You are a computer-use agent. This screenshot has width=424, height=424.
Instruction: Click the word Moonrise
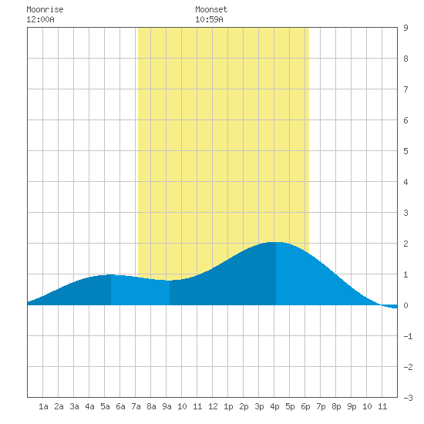click(x=45, y=9)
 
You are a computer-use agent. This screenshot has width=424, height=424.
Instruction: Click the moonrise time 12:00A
click(x=40, y=19)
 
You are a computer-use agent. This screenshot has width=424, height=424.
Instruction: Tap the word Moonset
click(x=211, y=9)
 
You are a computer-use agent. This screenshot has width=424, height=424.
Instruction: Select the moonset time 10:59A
click(x=209, y=19)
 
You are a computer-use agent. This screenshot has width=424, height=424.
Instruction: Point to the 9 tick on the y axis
click(x=405, y=28)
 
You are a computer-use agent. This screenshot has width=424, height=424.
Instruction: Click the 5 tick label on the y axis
click(x=405, y=151)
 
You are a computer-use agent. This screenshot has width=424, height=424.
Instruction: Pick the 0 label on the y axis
click(x=405, y=305)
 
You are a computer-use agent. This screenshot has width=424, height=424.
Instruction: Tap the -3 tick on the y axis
click(x=408, y=398)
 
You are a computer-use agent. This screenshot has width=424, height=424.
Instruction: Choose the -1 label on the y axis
click(x=408, y=336)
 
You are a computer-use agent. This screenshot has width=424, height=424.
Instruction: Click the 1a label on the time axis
click(x=43, y=406)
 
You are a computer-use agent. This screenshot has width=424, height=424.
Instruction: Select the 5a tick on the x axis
click(x=105, y=406)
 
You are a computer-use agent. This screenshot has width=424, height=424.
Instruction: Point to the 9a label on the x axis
click(x=167, y=406)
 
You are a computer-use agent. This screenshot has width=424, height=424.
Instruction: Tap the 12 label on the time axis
click(x=213, y=406)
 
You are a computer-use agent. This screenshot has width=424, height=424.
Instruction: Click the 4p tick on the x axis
click(x=274, y=406)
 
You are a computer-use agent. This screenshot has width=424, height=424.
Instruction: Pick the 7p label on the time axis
click(x=321, y=406)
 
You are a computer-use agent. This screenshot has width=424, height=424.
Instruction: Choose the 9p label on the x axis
click(x=352, y=406)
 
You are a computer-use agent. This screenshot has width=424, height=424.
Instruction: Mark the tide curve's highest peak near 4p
click(x=276, y=242)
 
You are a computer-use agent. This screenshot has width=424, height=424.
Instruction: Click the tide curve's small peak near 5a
click(x=110, y=274)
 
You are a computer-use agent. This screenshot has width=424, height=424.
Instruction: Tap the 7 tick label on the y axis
click(x=405, y=89)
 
